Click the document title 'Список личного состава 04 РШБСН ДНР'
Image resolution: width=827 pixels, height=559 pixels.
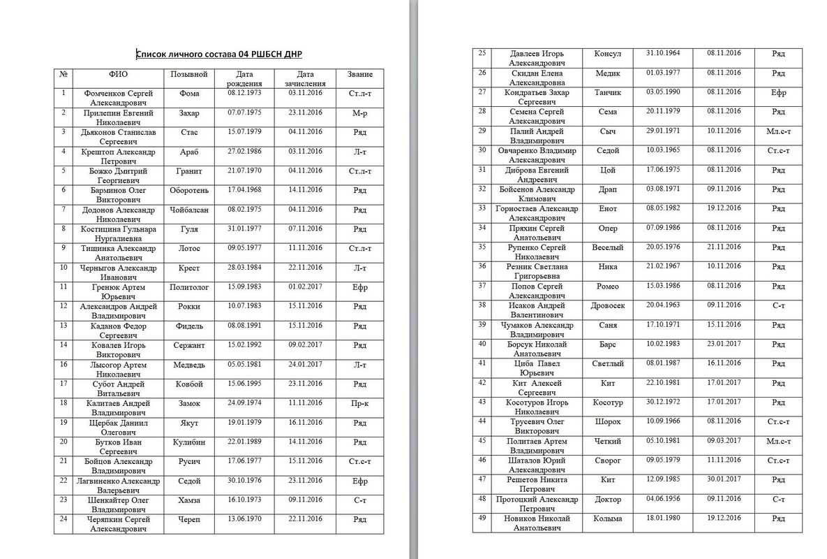[219, 54]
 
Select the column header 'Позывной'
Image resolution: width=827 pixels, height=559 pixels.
[189, 74]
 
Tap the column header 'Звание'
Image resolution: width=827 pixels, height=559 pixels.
[359, 74]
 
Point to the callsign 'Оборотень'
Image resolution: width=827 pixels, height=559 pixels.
[189, 190]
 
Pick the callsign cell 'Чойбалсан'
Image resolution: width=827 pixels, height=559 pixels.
[189, 210]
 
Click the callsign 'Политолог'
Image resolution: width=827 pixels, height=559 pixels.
[189, 287]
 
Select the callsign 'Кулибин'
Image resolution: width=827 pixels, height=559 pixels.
[189, 442]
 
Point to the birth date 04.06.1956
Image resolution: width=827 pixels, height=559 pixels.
[663, 499]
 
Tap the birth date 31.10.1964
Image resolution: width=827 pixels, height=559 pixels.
[663, 53]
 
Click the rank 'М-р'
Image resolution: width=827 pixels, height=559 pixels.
[359, 112]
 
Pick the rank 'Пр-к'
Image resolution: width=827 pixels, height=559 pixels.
[359, 403]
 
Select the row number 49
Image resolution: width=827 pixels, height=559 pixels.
[482, 518]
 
